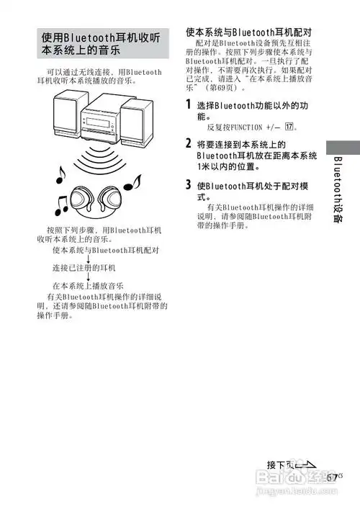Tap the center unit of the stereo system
click(101, 118)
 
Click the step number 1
click(189, 107)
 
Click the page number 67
click(332, 476)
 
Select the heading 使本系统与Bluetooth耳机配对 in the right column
click(248, 32)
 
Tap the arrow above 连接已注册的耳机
click(87, 259)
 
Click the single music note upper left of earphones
click(61, 173)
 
